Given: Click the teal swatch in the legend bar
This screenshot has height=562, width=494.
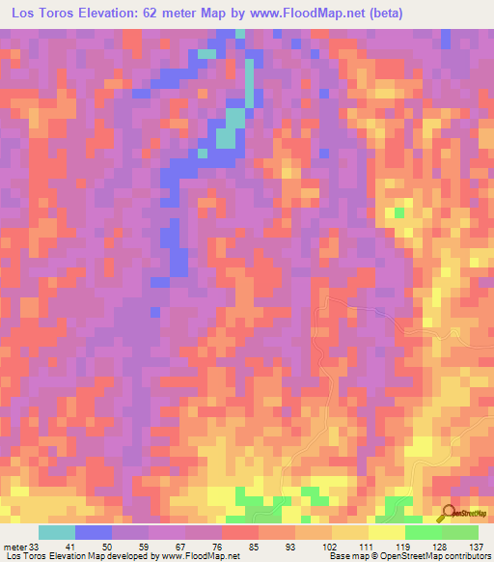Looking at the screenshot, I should click(x=57, y=532).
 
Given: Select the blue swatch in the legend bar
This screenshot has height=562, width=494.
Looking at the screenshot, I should click(x=94, y=532).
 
